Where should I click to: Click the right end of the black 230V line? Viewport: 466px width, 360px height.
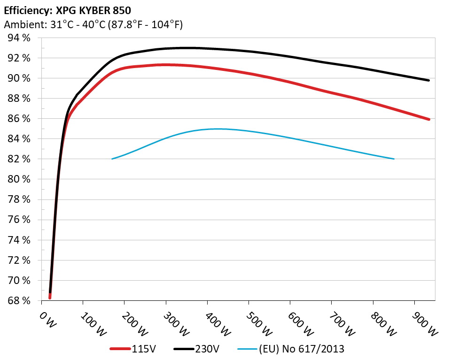point(429,80)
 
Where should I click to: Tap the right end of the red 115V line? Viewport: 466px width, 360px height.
point(429,119)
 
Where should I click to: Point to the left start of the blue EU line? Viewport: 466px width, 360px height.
point(112,159)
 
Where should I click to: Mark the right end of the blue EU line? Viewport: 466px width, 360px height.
point(394,159)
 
